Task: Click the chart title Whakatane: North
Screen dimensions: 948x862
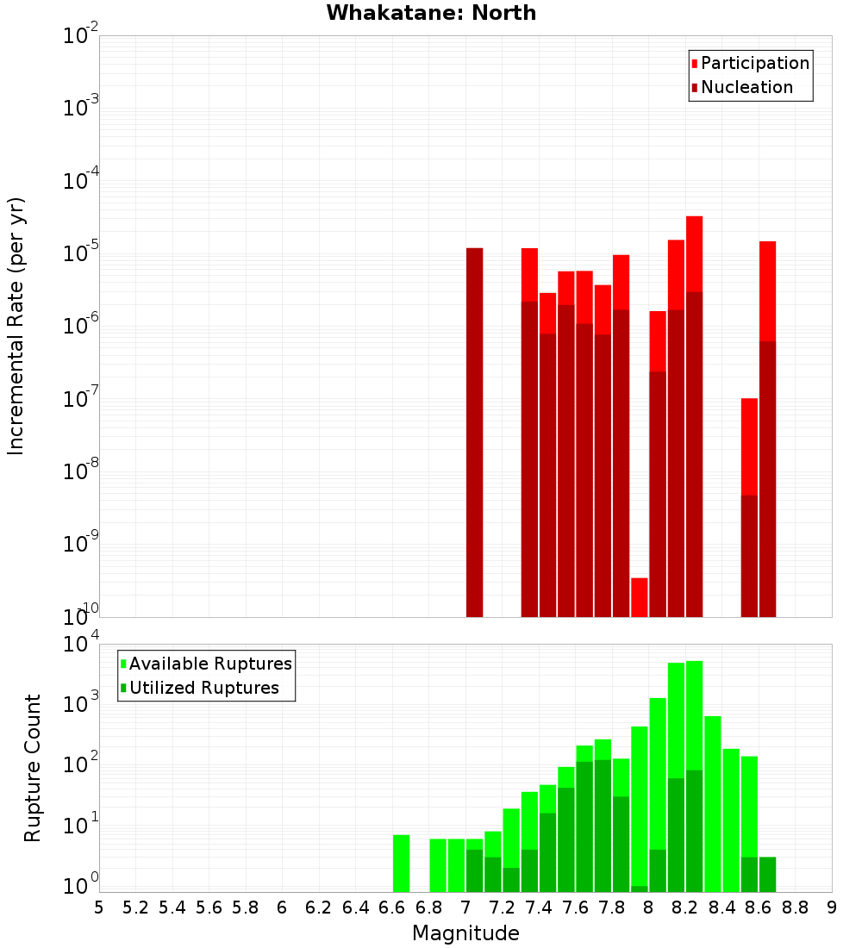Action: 431,13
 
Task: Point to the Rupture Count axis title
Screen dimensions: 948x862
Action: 33,768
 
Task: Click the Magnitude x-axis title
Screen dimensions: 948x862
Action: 465,933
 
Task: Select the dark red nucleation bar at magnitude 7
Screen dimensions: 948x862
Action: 474,431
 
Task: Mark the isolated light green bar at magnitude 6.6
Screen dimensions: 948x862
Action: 401,863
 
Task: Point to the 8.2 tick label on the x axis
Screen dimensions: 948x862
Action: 685,907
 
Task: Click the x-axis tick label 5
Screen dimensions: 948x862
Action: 99,907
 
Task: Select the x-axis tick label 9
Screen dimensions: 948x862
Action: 832,907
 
